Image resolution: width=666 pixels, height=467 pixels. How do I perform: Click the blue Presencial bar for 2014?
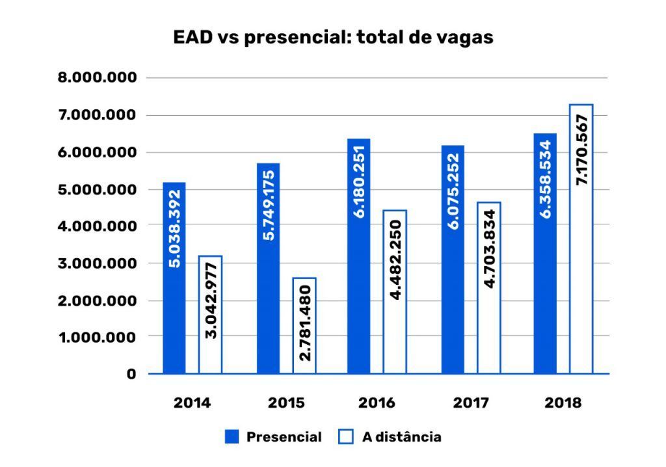[174, 278]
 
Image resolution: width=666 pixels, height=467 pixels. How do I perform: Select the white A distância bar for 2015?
[304, 325]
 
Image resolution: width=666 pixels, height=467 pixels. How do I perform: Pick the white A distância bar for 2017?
[489, 287]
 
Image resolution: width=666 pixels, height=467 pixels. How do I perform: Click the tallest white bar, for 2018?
[581, 239]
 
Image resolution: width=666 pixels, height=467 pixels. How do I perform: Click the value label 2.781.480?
[304, 323]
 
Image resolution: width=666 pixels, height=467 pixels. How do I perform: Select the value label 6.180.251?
[359, 181]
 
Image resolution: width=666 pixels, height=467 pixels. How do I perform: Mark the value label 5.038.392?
[174, 230]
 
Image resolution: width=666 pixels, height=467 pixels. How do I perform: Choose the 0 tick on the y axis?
[131, 374]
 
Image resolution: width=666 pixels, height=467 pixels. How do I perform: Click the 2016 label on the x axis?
[377, 403]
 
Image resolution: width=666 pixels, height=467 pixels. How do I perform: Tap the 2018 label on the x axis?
[563, 403]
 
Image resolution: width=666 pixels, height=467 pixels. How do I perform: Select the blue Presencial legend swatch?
[232, 437]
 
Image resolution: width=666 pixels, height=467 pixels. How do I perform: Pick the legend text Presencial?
[284, 437]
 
